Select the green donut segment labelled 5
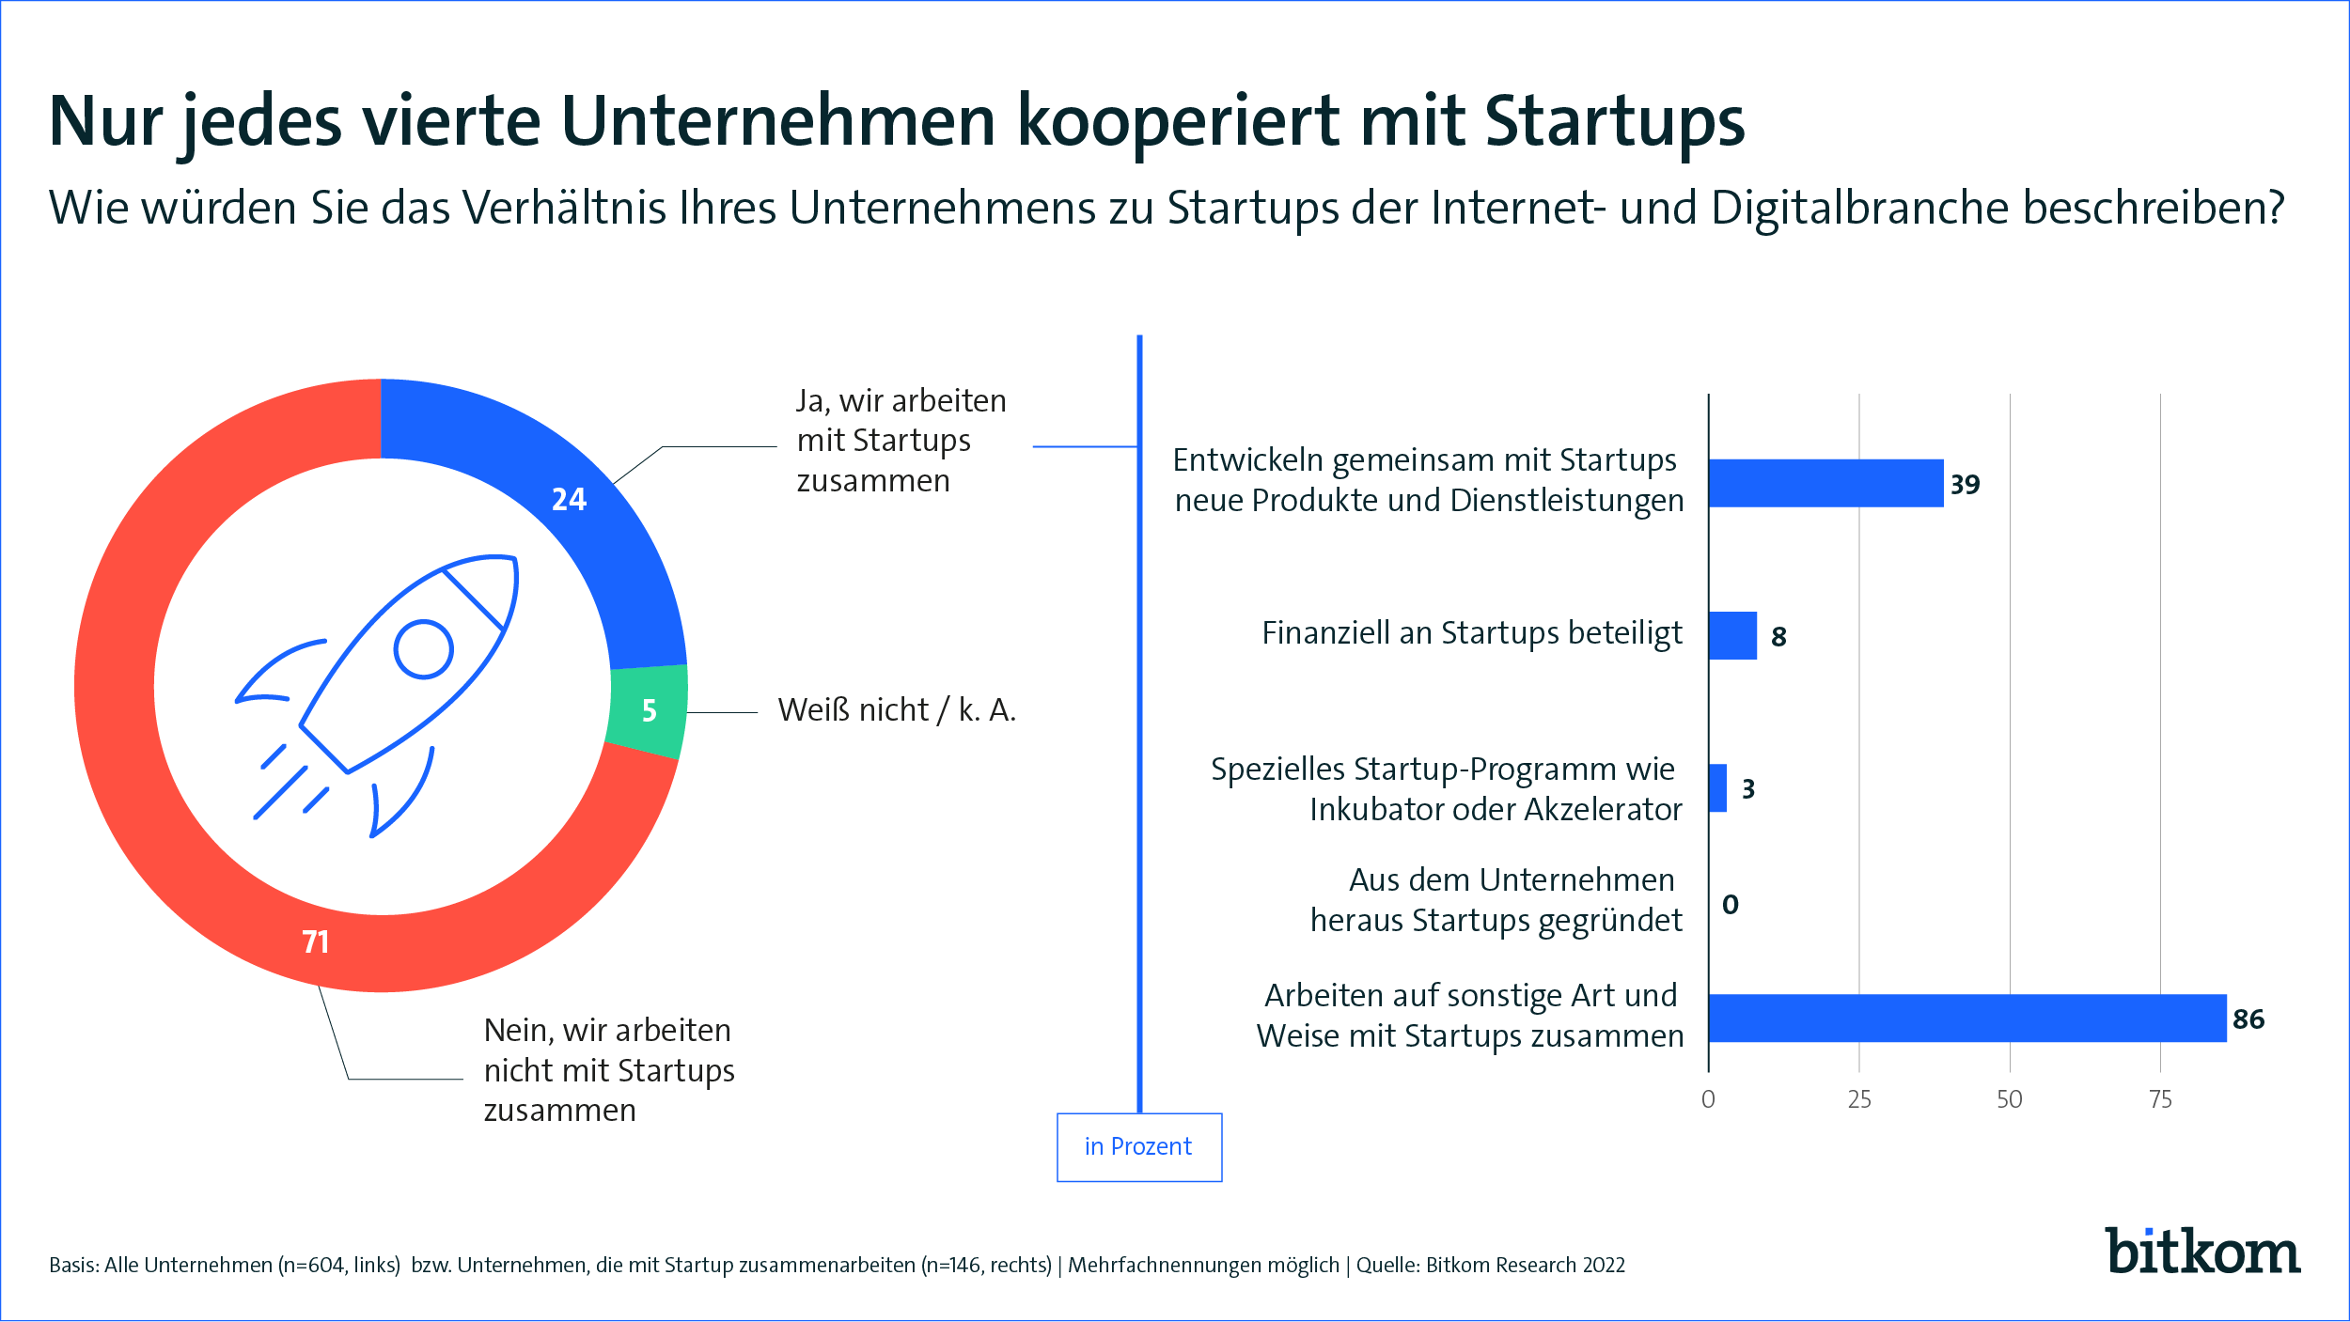point(649,711)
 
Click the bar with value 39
point(1825,483)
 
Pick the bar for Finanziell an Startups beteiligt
point(1732,635)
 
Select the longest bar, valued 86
point(1967,1019)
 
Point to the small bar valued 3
point(1717,787)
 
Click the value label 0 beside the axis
point(1730,904)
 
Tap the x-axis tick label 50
point(2010,1099)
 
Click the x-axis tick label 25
point(1859,1099)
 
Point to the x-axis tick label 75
point(2160,1099)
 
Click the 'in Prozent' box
point(1139,1147)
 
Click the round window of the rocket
point(424,649)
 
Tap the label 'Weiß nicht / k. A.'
point(897,710)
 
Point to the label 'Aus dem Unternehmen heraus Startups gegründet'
point(1496,900)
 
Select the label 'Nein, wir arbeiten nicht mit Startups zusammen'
point(609,1070)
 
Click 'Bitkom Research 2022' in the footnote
point(1525,1265)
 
